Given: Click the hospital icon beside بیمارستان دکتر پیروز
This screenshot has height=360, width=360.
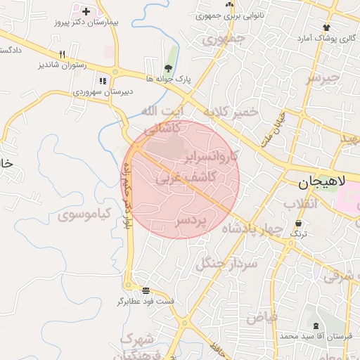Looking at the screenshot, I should (x=86, y=11).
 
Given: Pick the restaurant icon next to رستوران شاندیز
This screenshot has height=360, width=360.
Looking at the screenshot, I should (x=62, y=54).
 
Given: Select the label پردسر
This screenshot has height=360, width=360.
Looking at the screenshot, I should (x=191, y=221).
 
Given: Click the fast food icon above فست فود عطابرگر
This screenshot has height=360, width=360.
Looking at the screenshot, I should (x=146, y=290).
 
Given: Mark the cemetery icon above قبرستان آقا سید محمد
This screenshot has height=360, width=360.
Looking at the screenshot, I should (x=315, y=326).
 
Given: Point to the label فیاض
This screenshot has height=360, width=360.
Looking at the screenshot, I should (x=262, y=317).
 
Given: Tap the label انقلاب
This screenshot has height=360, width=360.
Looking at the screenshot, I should (x=300, y=204).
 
